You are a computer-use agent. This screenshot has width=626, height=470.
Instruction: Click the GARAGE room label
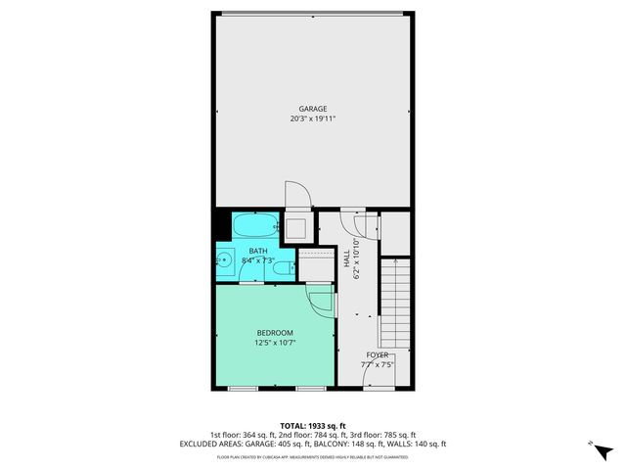(313, 109)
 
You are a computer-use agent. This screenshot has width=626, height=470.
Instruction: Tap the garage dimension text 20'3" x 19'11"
(313, 119)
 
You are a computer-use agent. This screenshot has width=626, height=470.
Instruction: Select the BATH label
(257, 252)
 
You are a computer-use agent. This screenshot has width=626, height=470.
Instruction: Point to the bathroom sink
(224, 260)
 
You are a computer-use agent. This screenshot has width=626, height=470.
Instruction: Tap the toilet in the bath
(282, 267)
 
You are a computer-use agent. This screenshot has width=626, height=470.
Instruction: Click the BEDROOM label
(275, 333)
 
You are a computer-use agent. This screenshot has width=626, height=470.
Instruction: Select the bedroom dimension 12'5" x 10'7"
(275, 343)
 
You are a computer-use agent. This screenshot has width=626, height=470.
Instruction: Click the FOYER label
(378, 354)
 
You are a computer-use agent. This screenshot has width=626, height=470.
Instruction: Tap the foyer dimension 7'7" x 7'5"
(378, 364)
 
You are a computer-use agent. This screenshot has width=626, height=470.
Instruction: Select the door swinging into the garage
(296, 195)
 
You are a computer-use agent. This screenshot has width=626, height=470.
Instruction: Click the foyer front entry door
(378, 380)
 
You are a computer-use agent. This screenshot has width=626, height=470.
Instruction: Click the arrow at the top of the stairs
(395, 262)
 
